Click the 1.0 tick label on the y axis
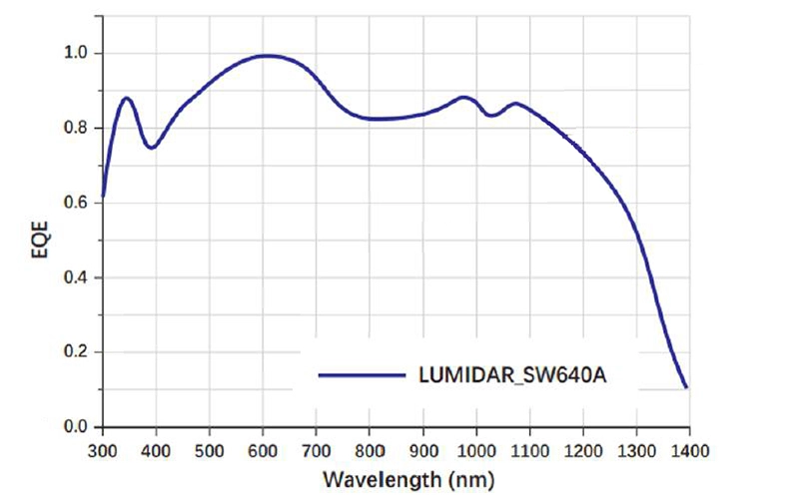(x=78, y=53)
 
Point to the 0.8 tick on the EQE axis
(x=78, y=128)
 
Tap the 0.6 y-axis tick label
(x=78, y=203)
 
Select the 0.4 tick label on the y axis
(x=78, y=277)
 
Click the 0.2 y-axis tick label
(x=78, y=352)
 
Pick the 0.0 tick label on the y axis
(x=78, y=427)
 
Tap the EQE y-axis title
(x=38, y=240)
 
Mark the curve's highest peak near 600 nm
(x=265, y=56)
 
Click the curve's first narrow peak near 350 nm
(x=127, y=98)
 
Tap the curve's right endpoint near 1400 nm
(x=686, y=387)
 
